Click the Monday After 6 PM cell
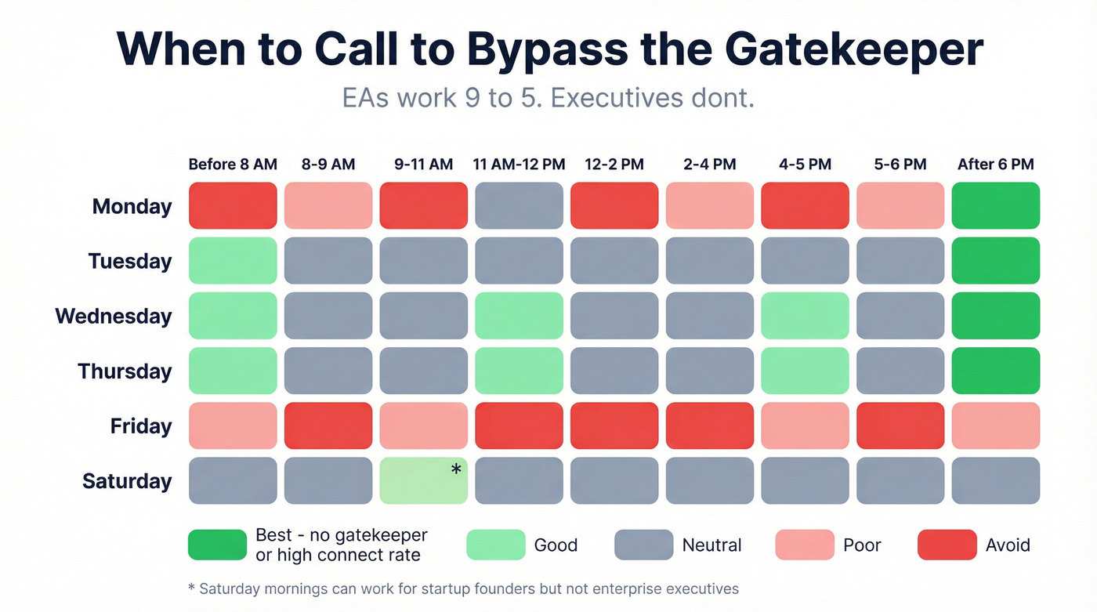tap(996, 206)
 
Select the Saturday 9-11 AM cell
tap(423, 480)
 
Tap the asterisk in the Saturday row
tap(455, 470)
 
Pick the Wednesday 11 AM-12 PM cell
tap(519, 316)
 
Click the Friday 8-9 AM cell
tap(328, 426)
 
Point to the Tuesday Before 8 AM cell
tap(233, 261)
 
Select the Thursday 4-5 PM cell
tap(805, 371)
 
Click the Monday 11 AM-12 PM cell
tap(519, 206)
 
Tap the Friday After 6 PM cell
tap(996, 426)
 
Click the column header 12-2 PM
tap(614, 165)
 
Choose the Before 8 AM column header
tap(233, 165)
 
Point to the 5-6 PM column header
tap(900, 165)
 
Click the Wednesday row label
tap(114, 317)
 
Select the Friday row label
tap(141, 426)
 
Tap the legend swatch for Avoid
tap(947, 545)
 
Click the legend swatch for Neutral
tap(643, 545)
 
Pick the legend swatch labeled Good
tap(495, 545)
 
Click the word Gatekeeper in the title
tap(853, 50)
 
